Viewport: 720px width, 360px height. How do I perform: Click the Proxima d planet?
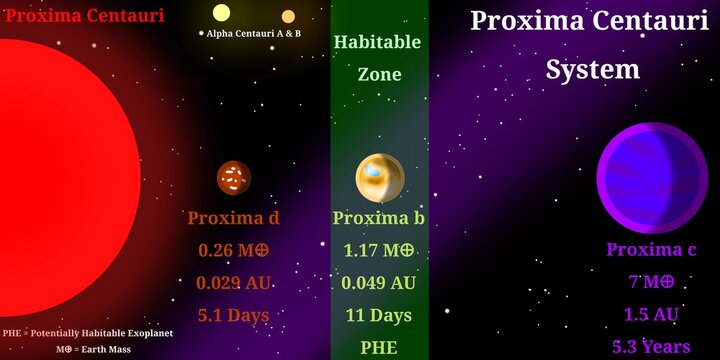234,178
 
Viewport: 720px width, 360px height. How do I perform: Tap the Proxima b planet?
380,178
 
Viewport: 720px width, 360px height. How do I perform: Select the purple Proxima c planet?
651,179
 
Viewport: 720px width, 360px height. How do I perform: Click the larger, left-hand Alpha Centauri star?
221,13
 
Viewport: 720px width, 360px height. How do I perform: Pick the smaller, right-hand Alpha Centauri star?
288,16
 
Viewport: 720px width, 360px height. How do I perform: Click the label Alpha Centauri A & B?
253,33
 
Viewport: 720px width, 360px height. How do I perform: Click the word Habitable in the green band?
377,42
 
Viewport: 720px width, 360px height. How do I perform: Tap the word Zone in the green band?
379,74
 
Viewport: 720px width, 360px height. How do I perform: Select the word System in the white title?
593,69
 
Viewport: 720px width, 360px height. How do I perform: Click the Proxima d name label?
233,218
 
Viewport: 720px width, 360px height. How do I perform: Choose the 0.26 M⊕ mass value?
233,250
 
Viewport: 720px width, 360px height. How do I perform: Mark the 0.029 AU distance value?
233,283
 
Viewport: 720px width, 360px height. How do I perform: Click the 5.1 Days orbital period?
233,316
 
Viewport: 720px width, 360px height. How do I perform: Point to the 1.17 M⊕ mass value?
379,250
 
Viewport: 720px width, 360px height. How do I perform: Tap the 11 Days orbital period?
379,316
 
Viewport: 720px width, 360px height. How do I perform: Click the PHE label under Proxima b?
379,348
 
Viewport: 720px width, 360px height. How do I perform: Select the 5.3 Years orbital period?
651,347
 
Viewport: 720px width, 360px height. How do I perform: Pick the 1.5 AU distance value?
651,315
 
